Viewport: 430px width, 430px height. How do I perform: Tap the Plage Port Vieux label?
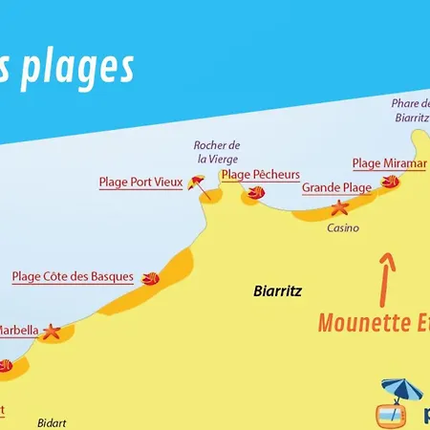(x=140, y=182)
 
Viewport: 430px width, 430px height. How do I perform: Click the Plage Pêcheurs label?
(x=261, y=175)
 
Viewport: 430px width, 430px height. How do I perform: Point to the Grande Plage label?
(x=336, y=188)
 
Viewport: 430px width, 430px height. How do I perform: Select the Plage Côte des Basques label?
(x=73, y=277)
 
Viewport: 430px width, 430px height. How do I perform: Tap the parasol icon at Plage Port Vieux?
(x=198, y=183)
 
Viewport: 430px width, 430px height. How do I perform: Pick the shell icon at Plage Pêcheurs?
(x=255, y=193)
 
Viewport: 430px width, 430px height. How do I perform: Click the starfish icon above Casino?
(x=340, y=208)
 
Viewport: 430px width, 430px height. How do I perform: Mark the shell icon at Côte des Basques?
(x=150, y=280)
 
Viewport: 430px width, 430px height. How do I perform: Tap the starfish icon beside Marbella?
(x=51, y=333)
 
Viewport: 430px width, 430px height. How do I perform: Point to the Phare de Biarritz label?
(x=412, y=111)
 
